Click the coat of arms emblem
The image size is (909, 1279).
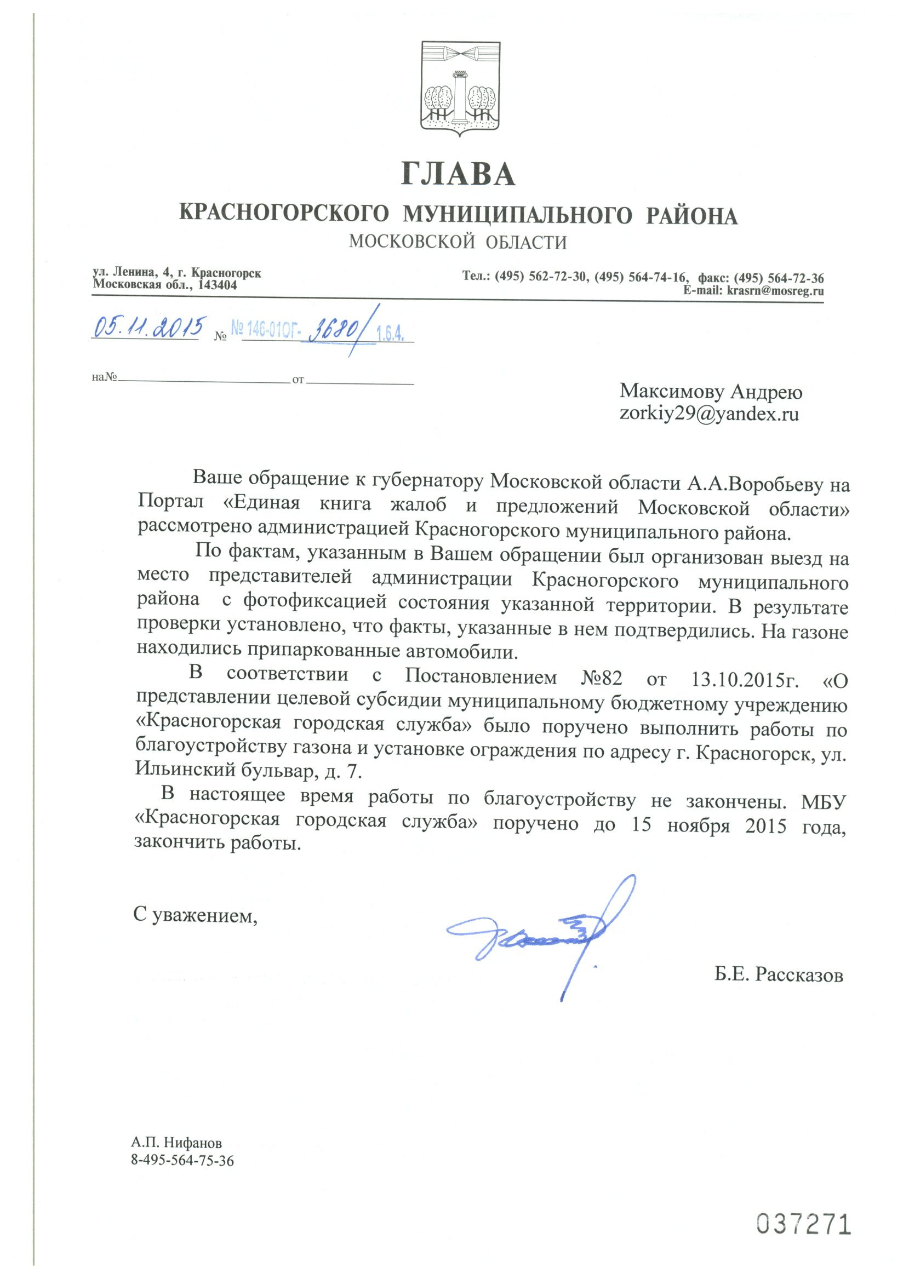click(x=460, y=88)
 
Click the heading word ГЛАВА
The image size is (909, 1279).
click(x=458, y=174)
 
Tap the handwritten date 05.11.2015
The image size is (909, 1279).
click(x=149, y=327)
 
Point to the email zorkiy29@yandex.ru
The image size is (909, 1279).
click(x=708, y=414)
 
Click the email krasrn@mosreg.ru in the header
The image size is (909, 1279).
click(x=775, y=290)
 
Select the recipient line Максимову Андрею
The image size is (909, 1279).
click(x=711, y=391)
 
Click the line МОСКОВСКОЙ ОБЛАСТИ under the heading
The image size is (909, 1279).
click(x=458, y=242)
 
